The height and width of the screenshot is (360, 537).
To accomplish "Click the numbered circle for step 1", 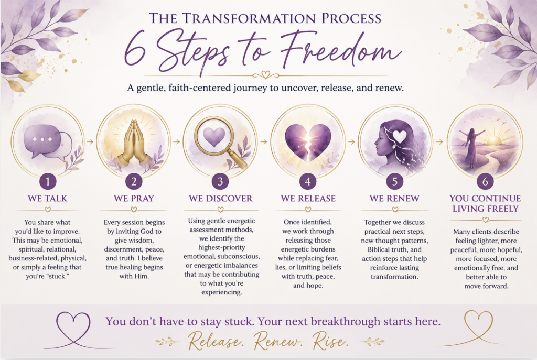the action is (48, 181).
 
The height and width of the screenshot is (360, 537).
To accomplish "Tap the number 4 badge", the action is (307, 181).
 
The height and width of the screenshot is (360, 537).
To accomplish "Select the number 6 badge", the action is (485, 181).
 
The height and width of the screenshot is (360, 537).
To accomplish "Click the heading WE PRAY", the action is (134, 199).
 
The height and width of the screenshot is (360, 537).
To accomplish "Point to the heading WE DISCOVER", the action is (221, 199).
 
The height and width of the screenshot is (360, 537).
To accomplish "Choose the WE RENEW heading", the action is (394, 199).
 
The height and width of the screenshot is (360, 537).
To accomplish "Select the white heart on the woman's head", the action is (399, 137).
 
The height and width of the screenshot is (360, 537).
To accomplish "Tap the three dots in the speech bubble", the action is (42, 139).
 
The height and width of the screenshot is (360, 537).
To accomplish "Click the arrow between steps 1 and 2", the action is (90, 141).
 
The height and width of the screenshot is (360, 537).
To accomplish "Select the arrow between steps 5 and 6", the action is (439, 141).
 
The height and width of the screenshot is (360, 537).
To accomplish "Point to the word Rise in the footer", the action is (330, 341).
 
